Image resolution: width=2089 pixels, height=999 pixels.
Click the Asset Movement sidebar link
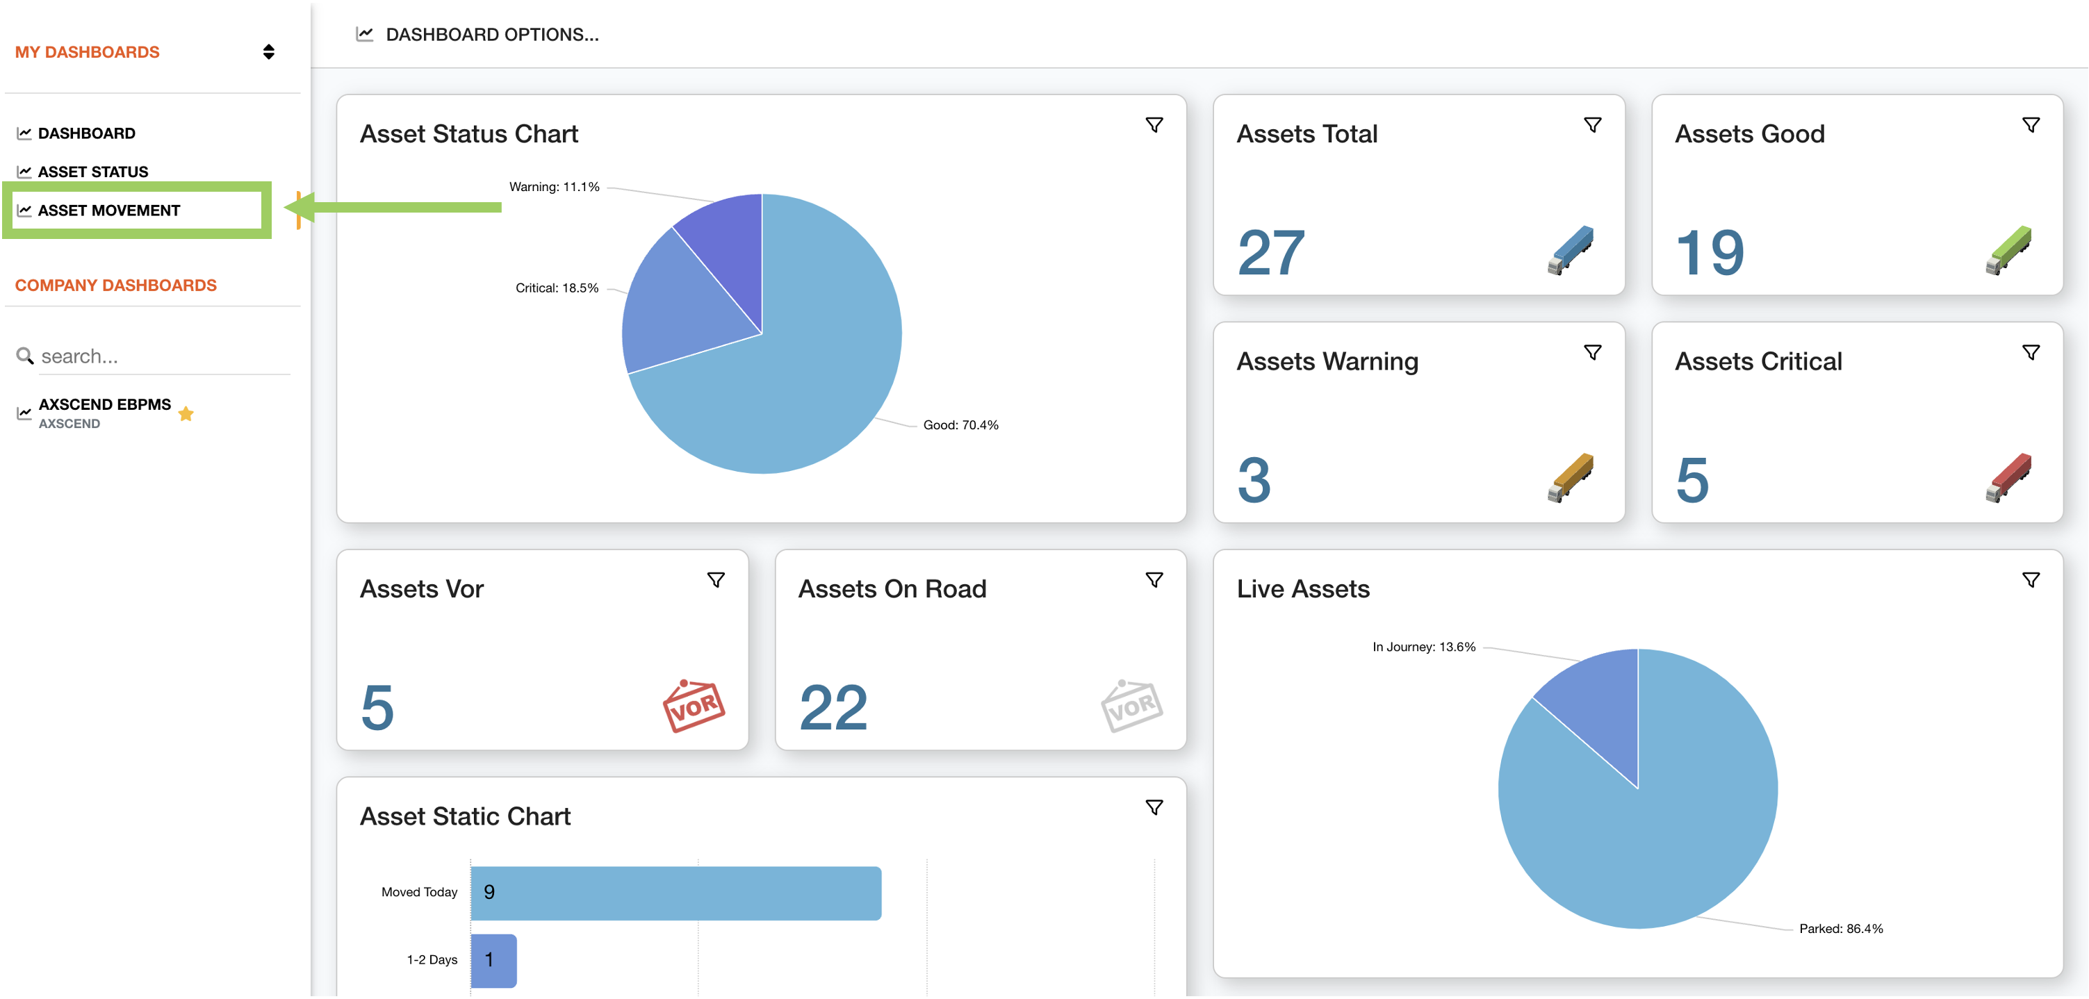tap(108, 210)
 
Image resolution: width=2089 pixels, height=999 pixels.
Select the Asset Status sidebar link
tap(92, 172)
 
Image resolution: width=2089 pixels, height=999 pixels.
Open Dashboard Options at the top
tap(491, 35)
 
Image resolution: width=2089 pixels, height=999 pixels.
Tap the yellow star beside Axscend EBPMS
tap(186, 413)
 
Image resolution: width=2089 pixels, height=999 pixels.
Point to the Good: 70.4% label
tap(961, 425)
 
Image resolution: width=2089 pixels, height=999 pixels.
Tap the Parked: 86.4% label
tap(1841, 928)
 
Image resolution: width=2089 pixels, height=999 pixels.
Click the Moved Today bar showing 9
tap(675, 893)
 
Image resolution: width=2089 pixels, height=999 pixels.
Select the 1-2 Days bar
tap(494, 960)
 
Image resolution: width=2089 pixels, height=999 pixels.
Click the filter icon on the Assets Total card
tap(1593, 125)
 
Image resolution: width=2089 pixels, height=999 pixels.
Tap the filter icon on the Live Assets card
tap(2031, 580)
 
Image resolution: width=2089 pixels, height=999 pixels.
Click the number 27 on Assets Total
tap(1272, 253)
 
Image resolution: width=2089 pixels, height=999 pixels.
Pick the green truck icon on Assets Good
tap(2008, 251)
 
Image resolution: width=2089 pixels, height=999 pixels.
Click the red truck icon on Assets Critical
tap(2008, 477)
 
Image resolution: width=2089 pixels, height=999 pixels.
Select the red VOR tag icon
tap(694, 705)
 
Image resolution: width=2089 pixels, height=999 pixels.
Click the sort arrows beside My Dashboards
tap(268, 52)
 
